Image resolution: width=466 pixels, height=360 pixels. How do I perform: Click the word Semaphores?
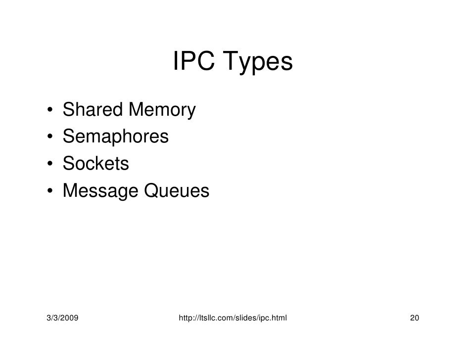(116, 136)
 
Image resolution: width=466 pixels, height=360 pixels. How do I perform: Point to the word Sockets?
(96, 163)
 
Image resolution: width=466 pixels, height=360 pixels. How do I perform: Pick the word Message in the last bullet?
(101, 191)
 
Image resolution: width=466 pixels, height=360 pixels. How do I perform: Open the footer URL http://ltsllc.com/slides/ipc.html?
(233, 316)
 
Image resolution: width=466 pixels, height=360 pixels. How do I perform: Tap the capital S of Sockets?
(69, 163)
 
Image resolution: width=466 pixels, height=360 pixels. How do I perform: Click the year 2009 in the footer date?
(71, 316)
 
